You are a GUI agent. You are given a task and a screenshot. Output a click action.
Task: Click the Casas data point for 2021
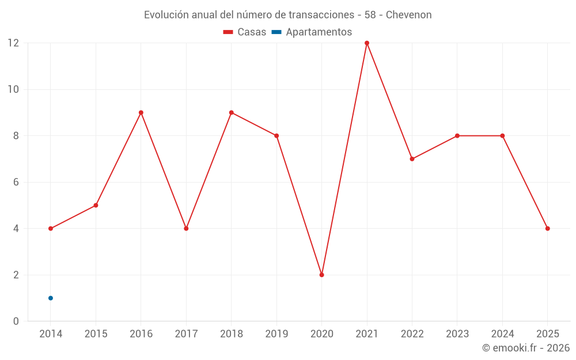pyautogui.click(x=367, y=43)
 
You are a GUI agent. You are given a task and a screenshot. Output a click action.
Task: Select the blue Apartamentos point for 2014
pyautogui.click(x=51, y=298)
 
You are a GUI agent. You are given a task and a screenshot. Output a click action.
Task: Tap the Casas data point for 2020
pyautogui.click(x=321, y=275)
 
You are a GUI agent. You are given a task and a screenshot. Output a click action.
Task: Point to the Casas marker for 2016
pyautogui.click(x=141, y=112)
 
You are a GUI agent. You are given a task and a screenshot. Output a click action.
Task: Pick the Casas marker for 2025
pyautogui.click(x=547, y=229)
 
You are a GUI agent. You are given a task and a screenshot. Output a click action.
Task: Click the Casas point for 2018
pyautogui.click(x=232, y=112)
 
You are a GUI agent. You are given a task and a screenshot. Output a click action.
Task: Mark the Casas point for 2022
pyautogui.click(x=412, y=159)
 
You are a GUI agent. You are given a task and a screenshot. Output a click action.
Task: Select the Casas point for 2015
pyautogui.click(x=96, y=205)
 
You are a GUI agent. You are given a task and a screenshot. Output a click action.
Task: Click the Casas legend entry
pyautogui.click(x=245, y=32)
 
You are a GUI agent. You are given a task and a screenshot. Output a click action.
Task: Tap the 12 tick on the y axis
pyautogui.click(x=13, y=43)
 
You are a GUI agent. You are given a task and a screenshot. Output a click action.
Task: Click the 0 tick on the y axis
pyautogui.click(x=16, y=321)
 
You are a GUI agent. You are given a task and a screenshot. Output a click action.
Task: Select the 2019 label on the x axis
pyautogui.click(x=276, y=334)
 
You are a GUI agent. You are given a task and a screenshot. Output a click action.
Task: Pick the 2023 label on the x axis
pyautogui.click(x=457, y=334)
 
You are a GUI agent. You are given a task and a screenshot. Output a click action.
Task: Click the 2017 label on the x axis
pyautogui.click(x=186, y=334)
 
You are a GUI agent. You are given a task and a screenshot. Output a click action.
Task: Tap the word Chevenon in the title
pyautogui.click(x=408, y=15)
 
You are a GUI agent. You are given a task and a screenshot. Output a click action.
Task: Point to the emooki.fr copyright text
pyautogui.click(x=526, y=348)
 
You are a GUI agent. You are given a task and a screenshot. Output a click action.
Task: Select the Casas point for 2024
pyautogui.click(x=502, y=136)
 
